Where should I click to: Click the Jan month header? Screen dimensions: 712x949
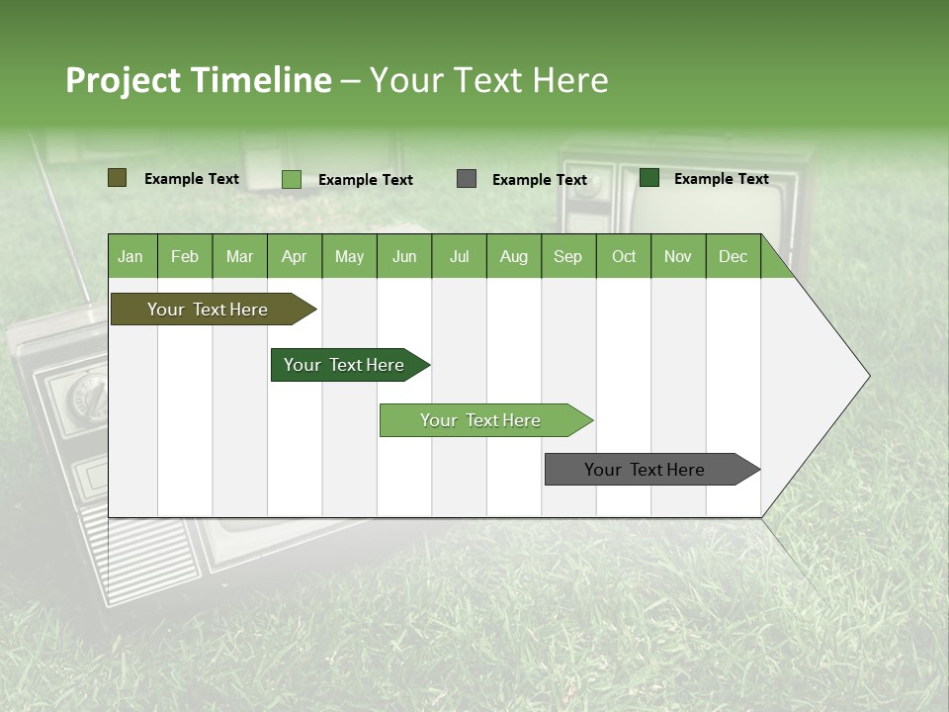130,256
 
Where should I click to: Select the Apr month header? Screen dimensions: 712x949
294,256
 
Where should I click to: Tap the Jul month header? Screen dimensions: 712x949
459,256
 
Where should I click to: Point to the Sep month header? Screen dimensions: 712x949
567,256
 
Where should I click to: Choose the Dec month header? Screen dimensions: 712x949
733,256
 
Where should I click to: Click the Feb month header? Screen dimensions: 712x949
185,256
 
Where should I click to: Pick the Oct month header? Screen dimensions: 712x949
624,256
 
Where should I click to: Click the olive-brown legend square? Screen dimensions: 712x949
117,178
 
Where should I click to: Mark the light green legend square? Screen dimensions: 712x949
292,179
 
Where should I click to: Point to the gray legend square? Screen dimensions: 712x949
467,179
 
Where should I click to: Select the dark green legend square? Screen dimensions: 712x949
649,178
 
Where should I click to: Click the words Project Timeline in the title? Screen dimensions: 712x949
199,80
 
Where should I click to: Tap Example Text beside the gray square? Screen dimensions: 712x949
540,180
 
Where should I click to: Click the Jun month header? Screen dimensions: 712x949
404,256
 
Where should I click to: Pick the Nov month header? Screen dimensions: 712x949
678,256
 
